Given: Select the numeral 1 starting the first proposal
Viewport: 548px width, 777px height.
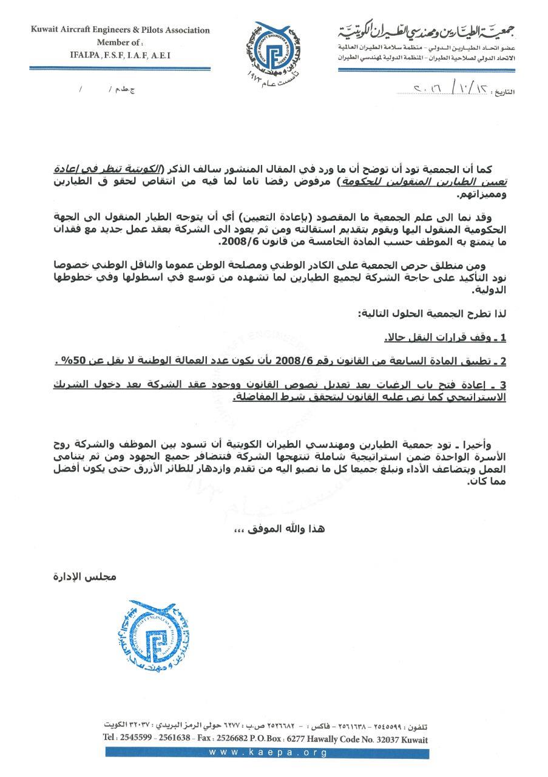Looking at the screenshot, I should point(502,337).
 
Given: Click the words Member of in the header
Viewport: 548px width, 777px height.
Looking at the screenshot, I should point(118,42).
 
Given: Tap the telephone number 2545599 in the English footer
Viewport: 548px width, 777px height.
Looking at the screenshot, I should point(137,739).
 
